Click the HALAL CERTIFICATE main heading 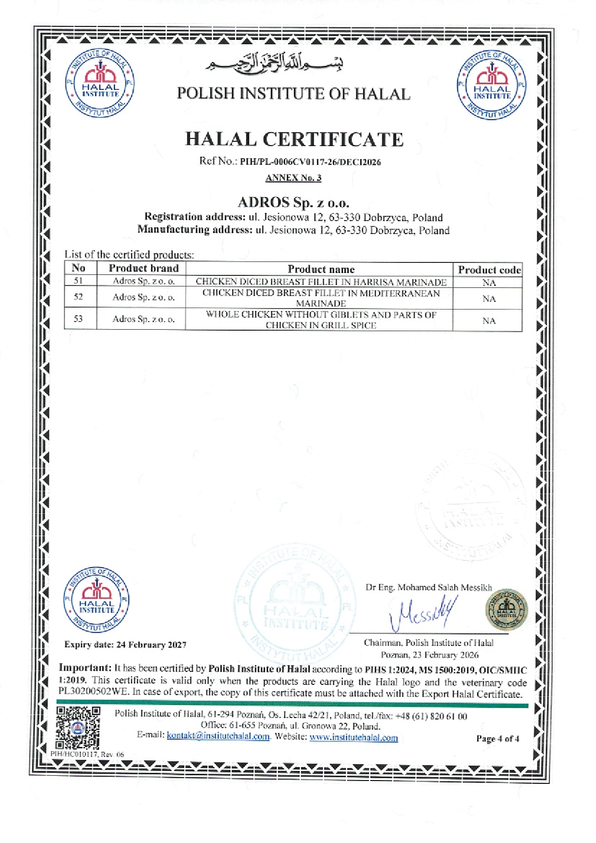coord(294,139)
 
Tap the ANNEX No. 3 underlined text coord(293,178)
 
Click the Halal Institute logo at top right coord(492,85)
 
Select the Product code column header coord(489,270)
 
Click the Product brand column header coord(143,268)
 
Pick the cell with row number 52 coord(78,297)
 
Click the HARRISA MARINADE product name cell coord(321,282)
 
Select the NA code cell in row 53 coord(489,321)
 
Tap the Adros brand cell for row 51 coord(143,281)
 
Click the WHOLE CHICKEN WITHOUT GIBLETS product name coord(321,320)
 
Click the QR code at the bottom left coord(78,728)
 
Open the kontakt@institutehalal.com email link coord(218,736)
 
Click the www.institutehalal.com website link coord(354,738)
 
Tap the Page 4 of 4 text coord(497,739)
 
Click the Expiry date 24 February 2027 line coord(125,645)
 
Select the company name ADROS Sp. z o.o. coord(293,202)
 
